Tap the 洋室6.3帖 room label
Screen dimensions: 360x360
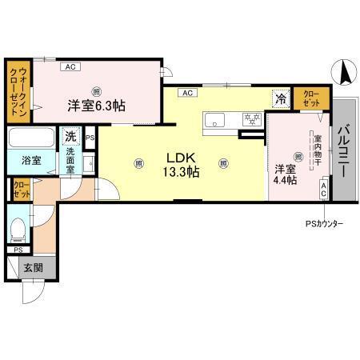pyautogui.click(x=95, y=105)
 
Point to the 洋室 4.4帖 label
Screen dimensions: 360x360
pyautogui.click(x=286, y=174)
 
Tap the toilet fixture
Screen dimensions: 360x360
pyautogui.click(x=18, y=229)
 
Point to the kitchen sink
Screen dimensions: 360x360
pyautogui.click(x=217, y=121)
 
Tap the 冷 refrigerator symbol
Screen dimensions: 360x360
pyautogui.click(x=281, y=99)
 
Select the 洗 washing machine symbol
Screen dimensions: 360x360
pyautogui.click(x=72, y=136)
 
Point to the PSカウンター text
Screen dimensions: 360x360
pyautogui.click(x=322, y=223)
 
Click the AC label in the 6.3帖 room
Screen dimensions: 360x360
pyautogui.click(x=70, y=67)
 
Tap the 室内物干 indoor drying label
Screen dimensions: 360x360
pyautogui.click(x=318, y=150)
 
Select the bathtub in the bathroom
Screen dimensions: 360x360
pyautogui.click(x=31, y=138)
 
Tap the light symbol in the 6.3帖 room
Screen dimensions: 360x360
pyautogui.click(x=95, y=90)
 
